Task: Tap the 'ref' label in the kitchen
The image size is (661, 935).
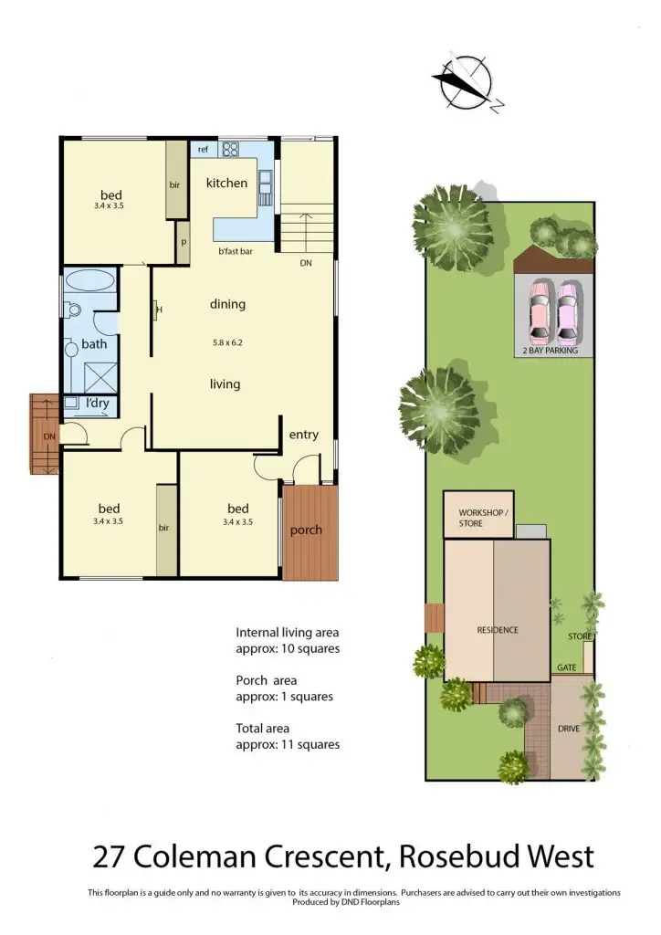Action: [203, 149]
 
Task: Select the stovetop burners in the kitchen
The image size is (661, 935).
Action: [230, 149]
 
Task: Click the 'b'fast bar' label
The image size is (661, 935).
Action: [235, 251]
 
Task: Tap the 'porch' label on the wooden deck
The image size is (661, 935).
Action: [306, 531]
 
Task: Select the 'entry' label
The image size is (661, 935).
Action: [303, 435]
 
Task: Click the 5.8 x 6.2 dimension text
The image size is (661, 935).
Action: [226, 342]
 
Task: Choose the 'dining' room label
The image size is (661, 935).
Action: [227, 304]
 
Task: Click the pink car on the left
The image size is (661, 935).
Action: [540, 310]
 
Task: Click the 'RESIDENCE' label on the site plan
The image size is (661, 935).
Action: [498, 630]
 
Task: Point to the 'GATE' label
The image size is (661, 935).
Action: [566, 667]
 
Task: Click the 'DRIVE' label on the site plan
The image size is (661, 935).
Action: [569, 729]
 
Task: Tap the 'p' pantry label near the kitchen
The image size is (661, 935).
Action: [183, 243]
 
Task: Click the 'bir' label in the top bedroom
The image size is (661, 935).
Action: [173, 184]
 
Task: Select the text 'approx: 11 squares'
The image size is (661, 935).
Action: [288, 744]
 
